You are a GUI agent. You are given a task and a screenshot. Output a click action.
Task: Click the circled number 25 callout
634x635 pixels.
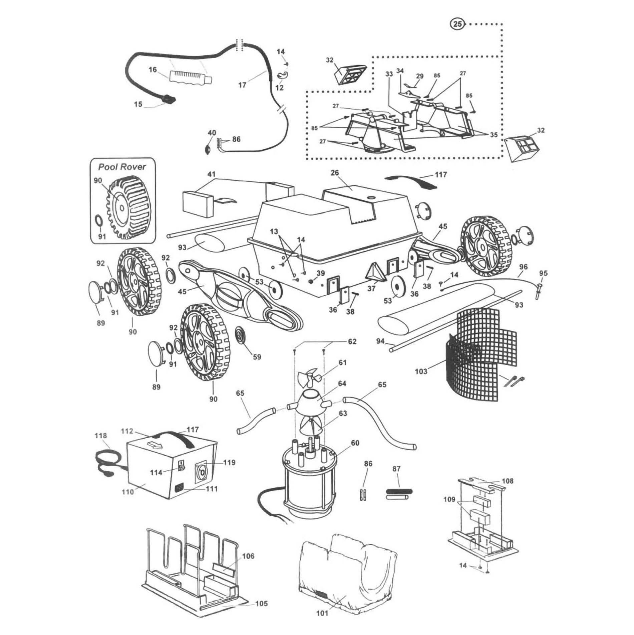click(x=458, y=24)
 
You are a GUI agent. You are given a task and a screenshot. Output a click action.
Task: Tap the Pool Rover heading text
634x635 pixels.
click(x=122, y=167)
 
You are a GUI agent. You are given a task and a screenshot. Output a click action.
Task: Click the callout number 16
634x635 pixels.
click(x=152, y=70)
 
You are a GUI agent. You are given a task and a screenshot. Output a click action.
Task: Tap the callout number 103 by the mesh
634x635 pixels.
click(x=421, y=371)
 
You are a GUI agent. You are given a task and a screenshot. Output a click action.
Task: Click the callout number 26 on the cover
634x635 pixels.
click(x=335, y=173)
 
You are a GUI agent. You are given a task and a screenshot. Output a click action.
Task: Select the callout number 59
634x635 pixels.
click(x=257, y=357)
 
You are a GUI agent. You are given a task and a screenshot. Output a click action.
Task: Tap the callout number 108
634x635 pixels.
click(x=508, y=481)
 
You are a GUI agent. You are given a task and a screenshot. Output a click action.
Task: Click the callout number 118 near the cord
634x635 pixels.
click(x=101, y=436)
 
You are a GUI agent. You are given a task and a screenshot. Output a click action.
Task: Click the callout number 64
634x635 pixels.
click(x=342, y=383)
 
